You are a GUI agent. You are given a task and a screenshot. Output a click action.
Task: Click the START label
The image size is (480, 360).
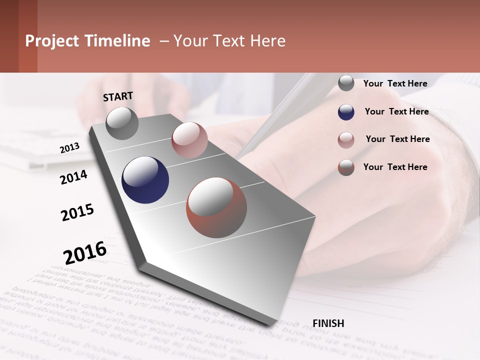pyautogui.click(x=118, y=96)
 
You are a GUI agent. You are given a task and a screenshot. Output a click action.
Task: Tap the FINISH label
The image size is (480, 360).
pyautogui.click(x=328, y=323)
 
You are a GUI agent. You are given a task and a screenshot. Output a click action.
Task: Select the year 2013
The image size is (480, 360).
pyautogui.click(x=69, y=147)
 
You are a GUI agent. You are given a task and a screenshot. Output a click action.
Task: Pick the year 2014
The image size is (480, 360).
pyautogui.click(x=73, y=177)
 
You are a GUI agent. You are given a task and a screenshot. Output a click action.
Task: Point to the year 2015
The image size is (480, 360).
pyautogui.click(x=77, y=212)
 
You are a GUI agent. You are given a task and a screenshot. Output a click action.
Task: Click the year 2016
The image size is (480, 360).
pyautogui.click(x=85, y=253)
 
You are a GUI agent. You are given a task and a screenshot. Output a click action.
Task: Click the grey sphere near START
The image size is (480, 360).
pyautogui.click(x=122, y=123)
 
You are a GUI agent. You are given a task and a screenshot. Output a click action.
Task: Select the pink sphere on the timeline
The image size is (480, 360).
pyautogui.click(x=189, y=140)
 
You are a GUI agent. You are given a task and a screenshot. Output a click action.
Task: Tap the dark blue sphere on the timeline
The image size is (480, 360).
pyautogui.click(x=145, y=180)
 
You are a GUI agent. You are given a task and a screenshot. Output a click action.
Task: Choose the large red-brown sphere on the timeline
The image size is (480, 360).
pyautogui.click(x=216, y=207)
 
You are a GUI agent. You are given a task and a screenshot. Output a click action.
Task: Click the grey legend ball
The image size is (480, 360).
pyautogui.click(x=346, y=83)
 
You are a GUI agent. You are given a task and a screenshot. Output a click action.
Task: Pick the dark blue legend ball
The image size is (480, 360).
pyautogui.click(x=346, y=112)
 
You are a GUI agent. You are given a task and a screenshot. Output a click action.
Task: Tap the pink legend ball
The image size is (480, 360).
pyautogui.click(x=346, y=140)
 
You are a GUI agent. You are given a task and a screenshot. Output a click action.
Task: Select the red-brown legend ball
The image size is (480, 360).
pyautogui.click(x=346, y=167)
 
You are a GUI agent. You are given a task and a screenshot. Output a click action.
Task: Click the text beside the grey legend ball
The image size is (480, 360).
pyautogui.click(x=395, y=83)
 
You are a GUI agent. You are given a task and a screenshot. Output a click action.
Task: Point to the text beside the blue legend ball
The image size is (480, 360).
pyautogui.click(x=396, y=111)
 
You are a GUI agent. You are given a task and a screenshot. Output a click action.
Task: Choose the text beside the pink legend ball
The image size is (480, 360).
pyautogui.click(x=397, y=139)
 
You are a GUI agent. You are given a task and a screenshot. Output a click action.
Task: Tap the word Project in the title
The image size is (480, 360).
pyautogui.click(x=52, y=41)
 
